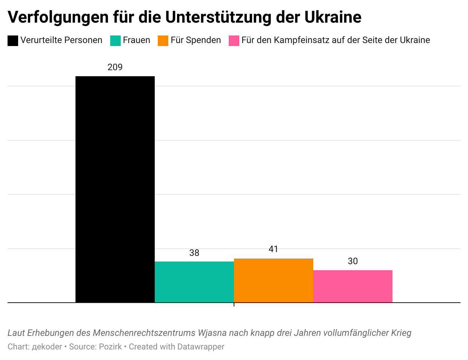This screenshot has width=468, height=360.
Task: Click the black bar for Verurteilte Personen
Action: point(115,189)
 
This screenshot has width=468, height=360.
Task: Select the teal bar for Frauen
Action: point(194,282)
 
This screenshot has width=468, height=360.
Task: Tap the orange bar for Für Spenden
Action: point(274,280)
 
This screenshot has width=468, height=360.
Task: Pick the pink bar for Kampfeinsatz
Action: point(353,286)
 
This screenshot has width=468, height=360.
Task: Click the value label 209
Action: point(115,67)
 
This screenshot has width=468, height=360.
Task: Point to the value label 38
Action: point(194,253)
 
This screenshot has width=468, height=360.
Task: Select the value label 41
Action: point(274,249)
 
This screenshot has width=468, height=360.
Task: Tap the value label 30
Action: point(353,261)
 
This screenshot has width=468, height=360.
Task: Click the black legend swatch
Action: point(13,41)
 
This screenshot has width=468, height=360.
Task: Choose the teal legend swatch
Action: point(115,41)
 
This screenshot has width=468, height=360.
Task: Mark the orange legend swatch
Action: point(163,41)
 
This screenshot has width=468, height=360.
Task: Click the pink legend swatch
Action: point(234,41)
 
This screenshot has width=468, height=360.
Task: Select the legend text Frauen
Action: point(137,40)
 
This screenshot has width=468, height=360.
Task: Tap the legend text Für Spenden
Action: point(196,40)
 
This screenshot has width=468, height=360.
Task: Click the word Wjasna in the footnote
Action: point(212,333)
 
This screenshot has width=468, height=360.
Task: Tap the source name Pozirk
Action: point(111,346)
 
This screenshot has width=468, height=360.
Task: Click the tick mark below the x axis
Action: point(234,304)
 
